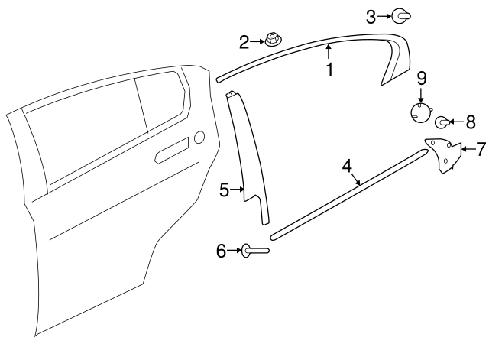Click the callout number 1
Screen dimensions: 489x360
pos(329,70)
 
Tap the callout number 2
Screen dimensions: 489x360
pos(244,42)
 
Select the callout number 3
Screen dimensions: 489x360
pos(371,17)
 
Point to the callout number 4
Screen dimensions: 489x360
pos(347,166)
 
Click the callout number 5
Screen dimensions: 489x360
pos(224,190)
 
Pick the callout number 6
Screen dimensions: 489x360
pos(221,251)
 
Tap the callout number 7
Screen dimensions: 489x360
pos(481,149)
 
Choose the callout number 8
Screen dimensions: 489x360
pos(471,122)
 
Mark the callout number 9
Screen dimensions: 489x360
pos(422,78)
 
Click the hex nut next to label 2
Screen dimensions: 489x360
pos(274,41)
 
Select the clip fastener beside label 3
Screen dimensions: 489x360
pos(401,16)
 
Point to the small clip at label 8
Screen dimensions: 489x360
pos(442,122)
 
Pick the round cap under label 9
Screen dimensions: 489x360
pos(421,112)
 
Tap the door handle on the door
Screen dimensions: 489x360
pos(172,150)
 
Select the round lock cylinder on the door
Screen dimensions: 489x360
pos(199,138)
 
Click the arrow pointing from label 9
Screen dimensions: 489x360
pos(421,95)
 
